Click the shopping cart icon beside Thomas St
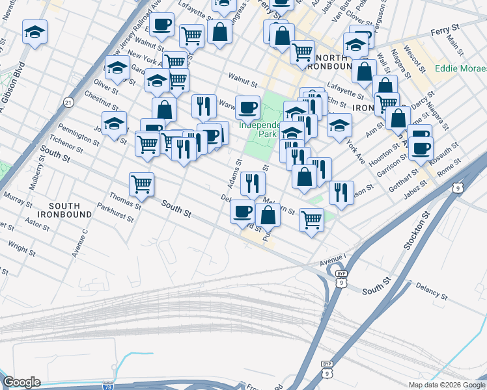(141, 183)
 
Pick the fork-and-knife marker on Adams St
(253, 183)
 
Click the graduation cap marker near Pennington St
(114, 123)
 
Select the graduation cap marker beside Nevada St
(35, 31)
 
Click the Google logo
(21, 382)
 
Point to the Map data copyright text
(446, 385)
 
